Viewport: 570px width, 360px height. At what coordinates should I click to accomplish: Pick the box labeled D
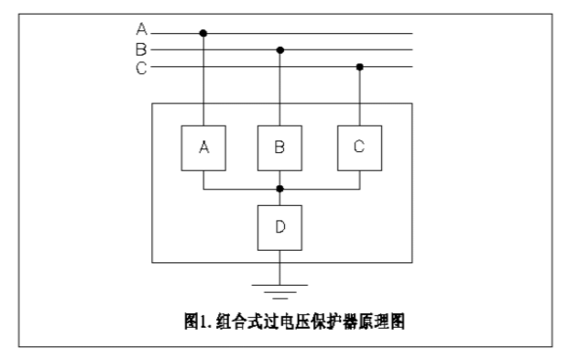pos(280,227)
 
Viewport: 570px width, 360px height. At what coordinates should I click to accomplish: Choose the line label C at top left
pos(141,67)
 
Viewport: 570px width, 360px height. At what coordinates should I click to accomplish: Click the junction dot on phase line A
pos(203,33)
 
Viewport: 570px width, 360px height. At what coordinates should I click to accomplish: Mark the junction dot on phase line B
pos(280,49)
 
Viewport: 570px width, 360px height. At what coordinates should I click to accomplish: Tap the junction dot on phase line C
pos(359,67)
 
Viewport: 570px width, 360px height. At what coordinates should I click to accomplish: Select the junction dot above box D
pos(280,189)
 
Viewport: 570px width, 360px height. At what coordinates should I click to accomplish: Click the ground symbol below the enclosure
pos(280,292)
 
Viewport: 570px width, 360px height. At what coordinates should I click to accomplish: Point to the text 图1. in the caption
pos(196,322)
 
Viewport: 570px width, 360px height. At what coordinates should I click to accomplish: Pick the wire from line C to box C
pos(359,96)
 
